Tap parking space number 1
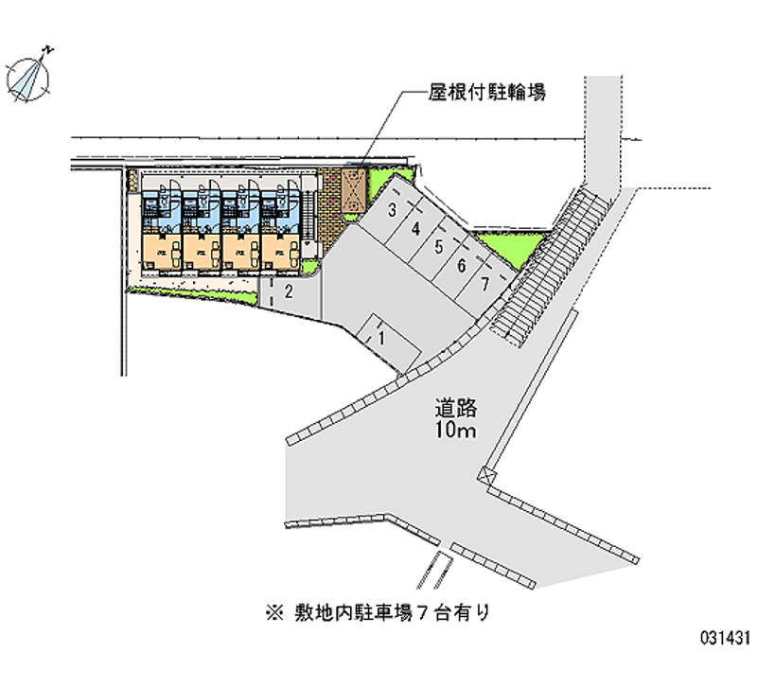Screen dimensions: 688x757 (380, 335)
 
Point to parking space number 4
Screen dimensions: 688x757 (415, 228)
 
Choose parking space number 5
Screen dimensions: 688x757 (438, 247)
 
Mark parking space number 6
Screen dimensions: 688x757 (461, 265)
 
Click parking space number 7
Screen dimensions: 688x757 (484, 283)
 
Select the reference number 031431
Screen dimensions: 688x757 (723, 666)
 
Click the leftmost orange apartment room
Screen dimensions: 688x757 (160, 252)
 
